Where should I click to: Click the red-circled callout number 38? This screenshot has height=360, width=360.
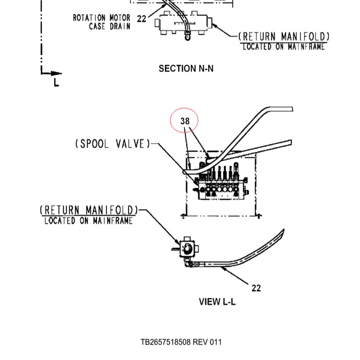tap(185, 121)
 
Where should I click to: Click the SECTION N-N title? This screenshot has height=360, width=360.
tap(186, 68)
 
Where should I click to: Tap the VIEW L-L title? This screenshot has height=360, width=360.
tap(217, 301)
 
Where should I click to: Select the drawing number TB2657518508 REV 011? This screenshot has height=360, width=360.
tap(181, 342)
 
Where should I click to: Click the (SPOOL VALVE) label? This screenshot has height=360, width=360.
tap(112, 144)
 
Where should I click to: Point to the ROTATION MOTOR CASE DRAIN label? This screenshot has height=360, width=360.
tap(102, 22)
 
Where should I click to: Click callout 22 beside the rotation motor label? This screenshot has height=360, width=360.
tap(141, 19)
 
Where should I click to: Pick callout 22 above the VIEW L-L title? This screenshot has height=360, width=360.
tap(256, 288)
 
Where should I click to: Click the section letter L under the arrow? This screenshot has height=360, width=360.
tap(56, 82)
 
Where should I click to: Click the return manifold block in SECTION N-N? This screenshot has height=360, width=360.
tap(183, 23)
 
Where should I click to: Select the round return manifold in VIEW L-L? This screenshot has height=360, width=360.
tap(187, 247)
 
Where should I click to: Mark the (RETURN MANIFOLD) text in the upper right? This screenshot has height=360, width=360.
tap(284, 37)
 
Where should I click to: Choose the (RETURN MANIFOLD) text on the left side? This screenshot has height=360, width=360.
tap(89, 210)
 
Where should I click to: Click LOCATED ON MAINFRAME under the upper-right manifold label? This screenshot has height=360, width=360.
tap(284, 47)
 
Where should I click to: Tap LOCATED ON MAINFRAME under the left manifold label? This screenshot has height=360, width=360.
tap(89, 220)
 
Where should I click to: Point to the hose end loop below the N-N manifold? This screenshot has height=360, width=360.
tap(188, 36)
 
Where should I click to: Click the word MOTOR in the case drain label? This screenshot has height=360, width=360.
tap(120, 18)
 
